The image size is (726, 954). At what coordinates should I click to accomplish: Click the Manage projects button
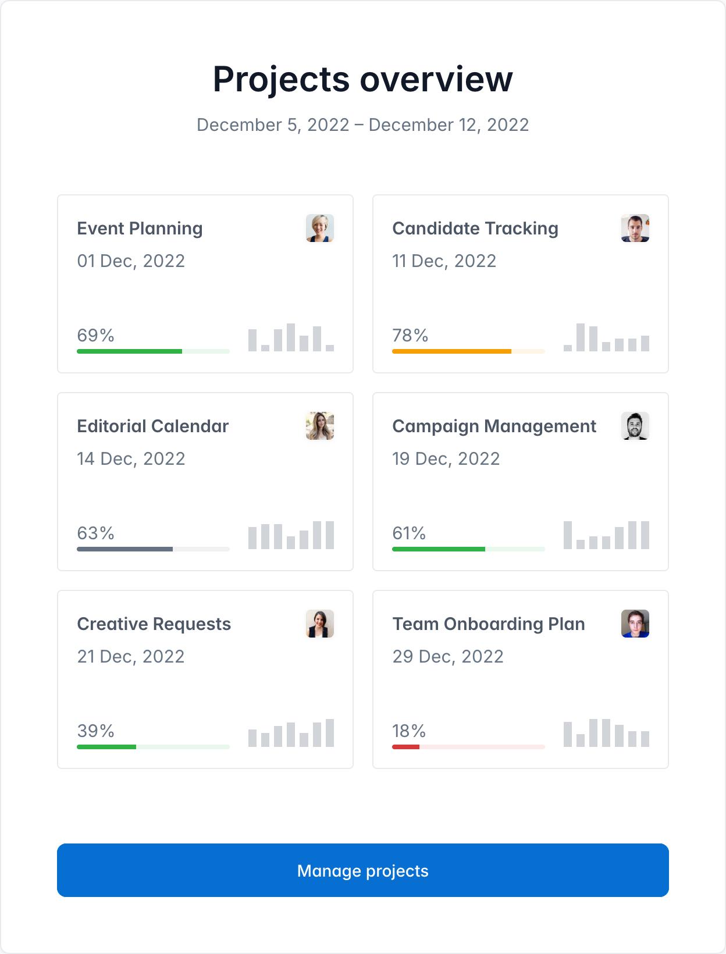tap(362, 870)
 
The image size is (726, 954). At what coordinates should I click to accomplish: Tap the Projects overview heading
tap(362, 79)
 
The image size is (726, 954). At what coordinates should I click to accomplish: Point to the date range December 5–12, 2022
tap(362, 125)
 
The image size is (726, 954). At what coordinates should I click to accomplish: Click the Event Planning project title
tap(140, 229)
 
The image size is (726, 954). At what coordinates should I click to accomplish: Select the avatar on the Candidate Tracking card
tap(635, 228)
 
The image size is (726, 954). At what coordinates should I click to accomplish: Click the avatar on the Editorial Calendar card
tap(319, 426)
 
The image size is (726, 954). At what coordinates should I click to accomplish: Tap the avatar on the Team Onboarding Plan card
tap(635, 624)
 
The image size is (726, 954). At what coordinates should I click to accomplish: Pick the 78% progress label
tap(410, 336)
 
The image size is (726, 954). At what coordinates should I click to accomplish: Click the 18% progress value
tap(409, 731)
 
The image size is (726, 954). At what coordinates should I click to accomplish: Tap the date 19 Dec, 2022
tap(446, 459)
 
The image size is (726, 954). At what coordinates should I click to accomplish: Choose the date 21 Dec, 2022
tap(131, 657)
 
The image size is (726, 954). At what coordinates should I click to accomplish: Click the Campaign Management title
tap(494, 426)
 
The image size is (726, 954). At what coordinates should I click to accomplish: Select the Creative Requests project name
tap(154, 624)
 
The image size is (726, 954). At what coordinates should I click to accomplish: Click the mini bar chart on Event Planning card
tap(291, 338)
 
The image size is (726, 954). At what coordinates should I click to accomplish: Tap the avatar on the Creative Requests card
tap(319, 624)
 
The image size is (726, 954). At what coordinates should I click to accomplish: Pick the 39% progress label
tap(95, 731)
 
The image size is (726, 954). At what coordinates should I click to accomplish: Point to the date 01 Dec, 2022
tap(131, 261)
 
